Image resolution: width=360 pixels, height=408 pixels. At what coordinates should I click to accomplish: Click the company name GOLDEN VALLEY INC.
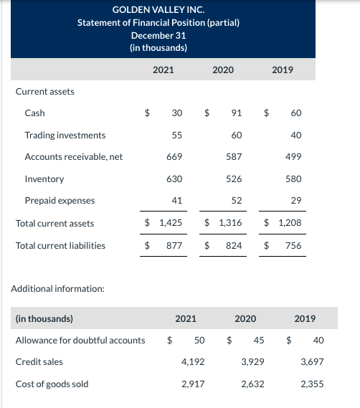click(x=158, y=10)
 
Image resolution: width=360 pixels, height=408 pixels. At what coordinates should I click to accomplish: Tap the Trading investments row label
click(x=65, y=135)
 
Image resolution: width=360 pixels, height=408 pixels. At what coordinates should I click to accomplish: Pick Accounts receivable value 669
click(x=174, y=156)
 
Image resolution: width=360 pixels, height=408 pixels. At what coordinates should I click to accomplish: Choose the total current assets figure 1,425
click(x=169, y=223)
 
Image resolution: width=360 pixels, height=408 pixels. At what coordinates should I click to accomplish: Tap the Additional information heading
click(x=58, y=288)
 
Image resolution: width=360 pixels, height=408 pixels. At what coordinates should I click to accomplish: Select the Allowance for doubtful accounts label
click(x=80, y=340)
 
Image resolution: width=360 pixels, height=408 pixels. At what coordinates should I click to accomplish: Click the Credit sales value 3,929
click(x=252, y=362)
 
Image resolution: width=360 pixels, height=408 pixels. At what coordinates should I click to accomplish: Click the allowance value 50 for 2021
click(x=199, y=340)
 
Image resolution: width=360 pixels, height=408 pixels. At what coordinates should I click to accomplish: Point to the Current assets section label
click(x=44, y=91)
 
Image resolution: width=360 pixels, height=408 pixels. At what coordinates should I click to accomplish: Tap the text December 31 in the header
click(x=158, y=35)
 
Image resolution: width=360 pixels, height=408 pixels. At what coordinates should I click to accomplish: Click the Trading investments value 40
click(x=295, y=135)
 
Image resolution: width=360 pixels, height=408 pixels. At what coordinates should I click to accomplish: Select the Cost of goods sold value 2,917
click(x=193, y=384)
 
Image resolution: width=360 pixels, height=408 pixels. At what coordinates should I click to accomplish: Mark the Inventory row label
click(x=44, y=179)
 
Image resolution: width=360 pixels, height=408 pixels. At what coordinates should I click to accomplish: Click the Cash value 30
click(x=176, y=113)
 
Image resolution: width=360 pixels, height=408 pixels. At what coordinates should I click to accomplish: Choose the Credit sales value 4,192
click(x=193, y=362)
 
